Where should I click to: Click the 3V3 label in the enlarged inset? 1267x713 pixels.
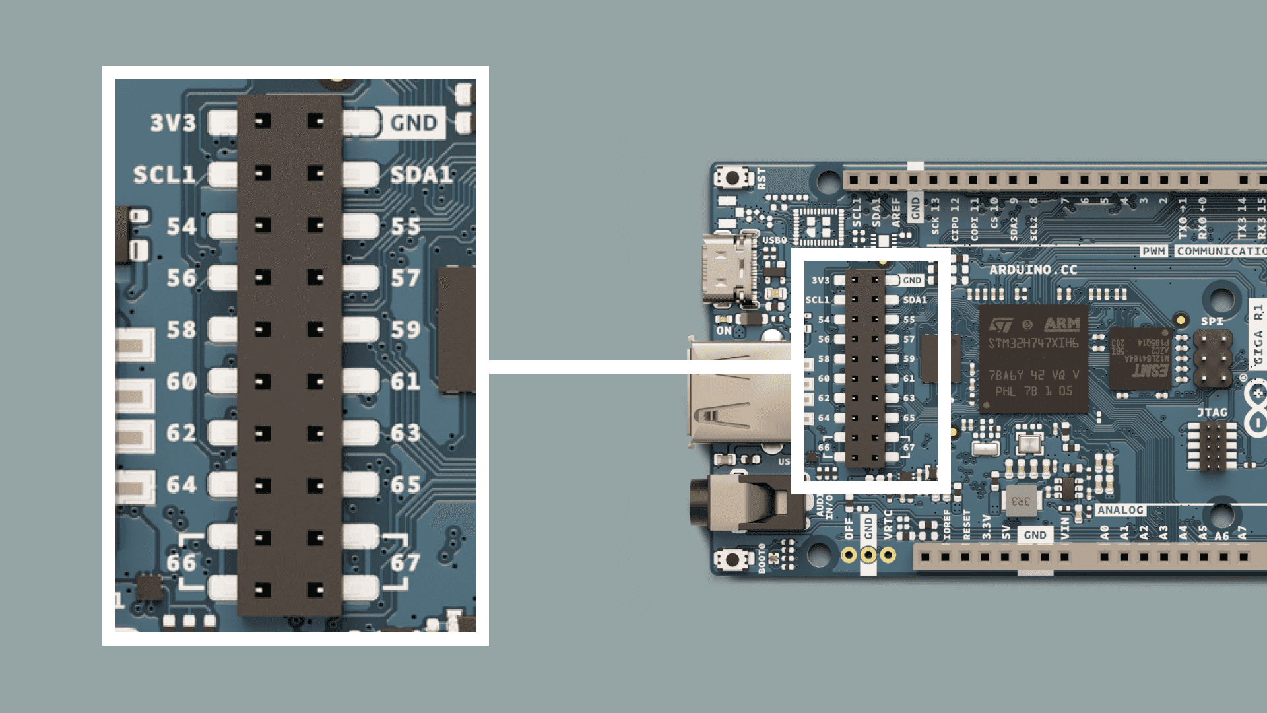pyautogui.click(x=173, y=123)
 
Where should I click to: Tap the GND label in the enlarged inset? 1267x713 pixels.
pyautogui.click(x=414, y=123)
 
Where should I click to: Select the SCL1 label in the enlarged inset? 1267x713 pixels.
pyautogui.click(x=164, y=174)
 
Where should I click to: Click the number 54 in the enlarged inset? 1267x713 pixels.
pyautogui.click(x=181, y=226)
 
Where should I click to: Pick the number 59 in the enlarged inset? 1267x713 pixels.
pyautogui.click(x=405, y=329)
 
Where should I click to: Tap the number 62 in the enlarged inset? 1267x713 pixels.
pyautogui.click(x=181, y=433)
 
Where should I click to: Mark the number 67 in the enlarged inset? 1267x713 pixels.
pyautogui.click(x=405, y=562)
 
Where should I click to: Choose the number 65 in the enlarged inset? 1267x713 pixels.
pyautogui.click(x=405, y=485)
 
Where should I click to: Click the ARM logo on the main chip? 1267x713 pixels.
pyautogui.click(x=1062, y=324)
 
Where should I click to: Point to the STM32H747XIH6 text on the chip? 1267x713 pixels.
pyautogui.click(x=1033, y=343)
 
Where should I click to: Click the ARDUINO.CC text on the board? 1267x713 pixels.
pyautogui.click(x=1033, y=269)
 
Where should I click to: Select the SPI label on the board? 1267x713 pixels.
pyautogui.click(x=1212, y=322)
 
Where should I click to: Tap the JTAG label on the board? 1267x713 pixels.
pyautogui.click(x=1212, y=413)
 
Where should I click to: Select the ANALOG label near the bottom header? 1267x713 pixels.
pyautogui.click(x=1121, y=510)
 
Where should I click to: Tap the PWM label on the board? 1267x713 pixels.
pyautogui.click(x=1153, y=251)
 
